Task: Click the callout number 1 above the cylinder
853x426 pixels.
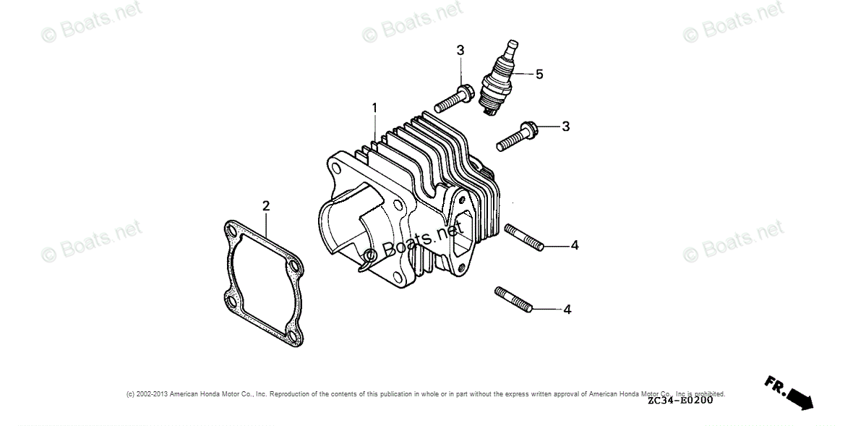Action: (x=374, y=108)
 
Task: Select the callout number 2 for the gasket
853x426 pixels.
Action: (x=265, y=206)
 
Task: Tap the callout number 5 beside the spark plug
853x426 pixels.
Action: (x=539, y=74)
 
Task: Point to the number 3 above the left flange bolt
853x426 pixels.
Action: (x=460, y=50)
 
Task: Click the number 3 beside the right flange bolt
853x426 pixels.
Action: (x=566, y=126)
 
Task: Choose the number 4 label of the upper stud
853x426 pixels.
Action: (x=575, y=245)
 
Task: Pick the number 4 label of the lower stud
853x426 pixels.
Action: (x=567, y=309)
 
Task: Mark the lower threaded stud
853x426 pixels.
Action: (x=514, y=299)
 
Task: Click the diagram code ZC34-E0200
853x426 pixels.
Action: (x=680, y=400)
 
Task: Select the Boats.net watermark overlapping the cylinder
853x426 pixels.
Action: (x=412, y=244)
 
